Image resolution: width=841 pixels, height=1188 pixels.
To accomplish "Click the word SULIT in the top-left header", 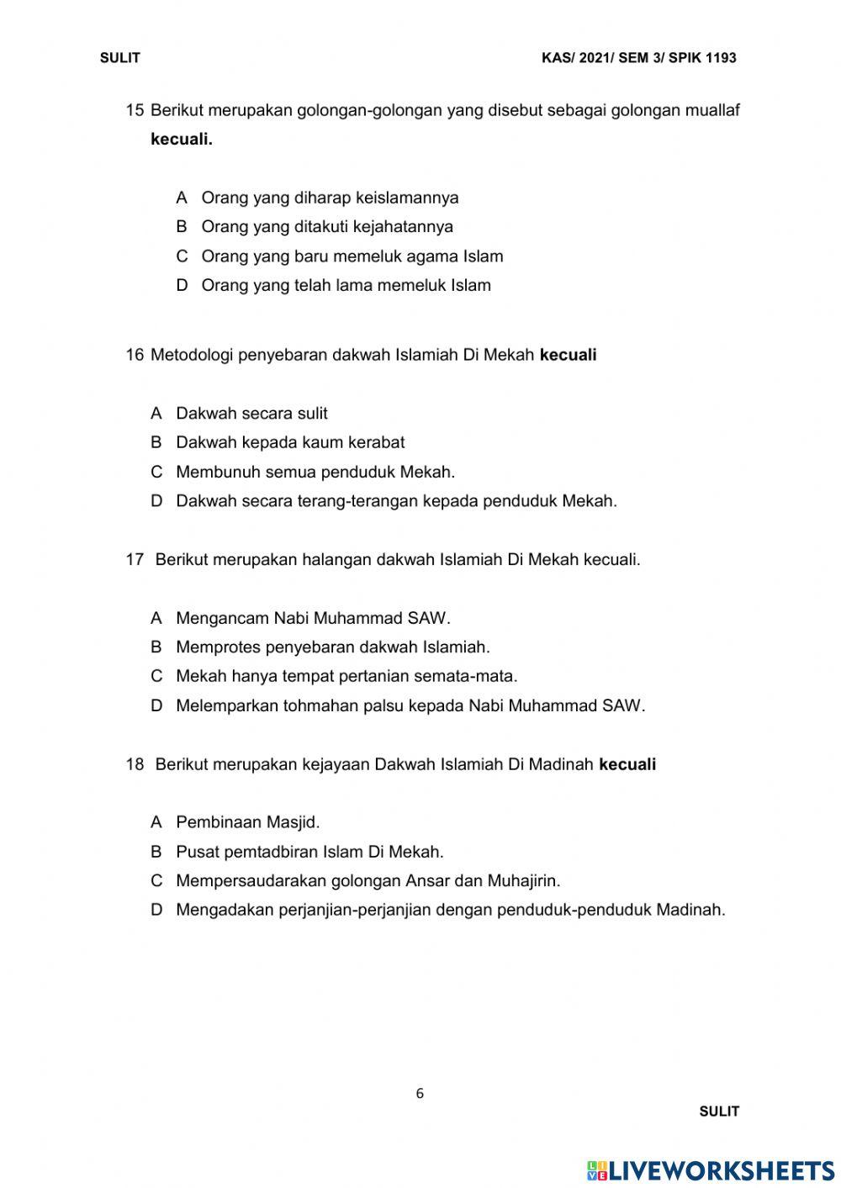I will pos(119,58).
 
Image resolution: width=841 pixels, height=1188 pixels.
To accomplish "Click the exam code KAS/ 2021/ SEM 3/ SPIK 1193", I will pos(639,58).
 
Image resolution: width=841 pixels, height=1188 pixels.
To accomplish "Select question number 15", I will pos(135,110).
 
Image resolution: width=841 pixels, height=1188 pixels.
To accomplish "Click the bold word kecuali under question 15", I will pos(182,140).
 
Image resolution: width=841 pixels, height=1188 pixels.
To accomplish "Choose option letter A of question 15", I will pos(182,198).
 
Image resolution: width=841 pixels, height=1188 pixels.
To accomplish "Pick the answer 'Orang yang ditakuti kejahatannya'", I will pos(326,227).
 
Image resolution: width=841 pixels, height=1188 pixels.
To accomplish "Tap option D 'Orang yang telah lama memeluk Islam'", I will pos(346,286).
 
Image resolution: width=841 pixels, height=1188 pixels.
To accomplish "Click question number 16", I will pos(135,355).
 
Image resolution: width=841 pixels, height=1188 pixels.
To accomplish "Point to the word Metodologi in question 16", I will pos(192,355).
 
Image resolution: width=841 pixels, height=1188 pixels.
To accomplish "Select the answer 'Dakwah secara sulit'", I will pos(251,414).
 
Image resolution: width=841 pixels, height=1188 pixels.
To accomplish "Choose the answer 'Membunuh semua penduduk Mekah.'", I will pos(315,472).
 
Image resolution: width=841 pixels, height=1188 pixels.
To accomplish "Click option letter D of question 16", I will pos(156,501).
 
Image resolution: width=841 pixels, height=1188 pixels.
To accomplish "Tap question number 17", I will pos(135,560).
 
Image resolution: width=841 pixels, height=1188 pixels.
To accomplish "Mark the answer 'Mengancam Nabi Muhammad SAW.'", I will pos(313,619).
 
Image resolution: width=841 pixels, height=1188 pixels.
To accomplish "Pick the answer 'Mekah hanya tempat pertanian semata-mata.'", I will pos(346,676).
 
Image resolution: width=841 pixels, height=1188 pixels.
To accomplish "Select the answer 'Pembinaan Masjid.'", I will pos(248,822).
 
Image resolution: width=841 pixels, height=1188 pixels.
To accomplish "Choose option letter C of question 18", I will pos(156,881).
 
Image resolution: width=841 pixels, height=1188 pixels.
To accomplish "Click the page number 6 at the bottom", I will pos(420,1094).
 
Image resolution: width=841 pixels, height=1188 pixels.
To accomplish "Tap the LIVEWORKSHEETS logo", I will pos(711,1170).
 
